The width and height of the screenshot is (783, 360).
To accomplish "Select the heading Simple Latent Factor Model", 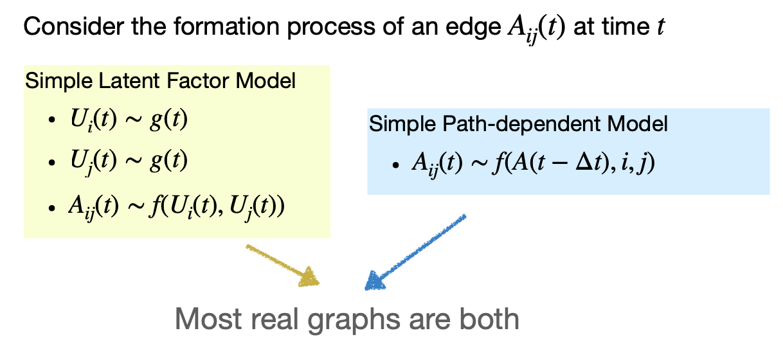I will coord(160,82).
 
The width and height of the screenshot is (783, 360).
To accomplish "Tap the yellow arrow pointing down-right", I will coord(283,265).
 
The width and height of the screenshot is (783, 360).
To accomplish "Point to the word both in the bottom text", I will coord(488,319).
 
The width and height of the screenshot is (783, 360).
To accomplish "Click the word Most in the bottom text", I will coord(203,319).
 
